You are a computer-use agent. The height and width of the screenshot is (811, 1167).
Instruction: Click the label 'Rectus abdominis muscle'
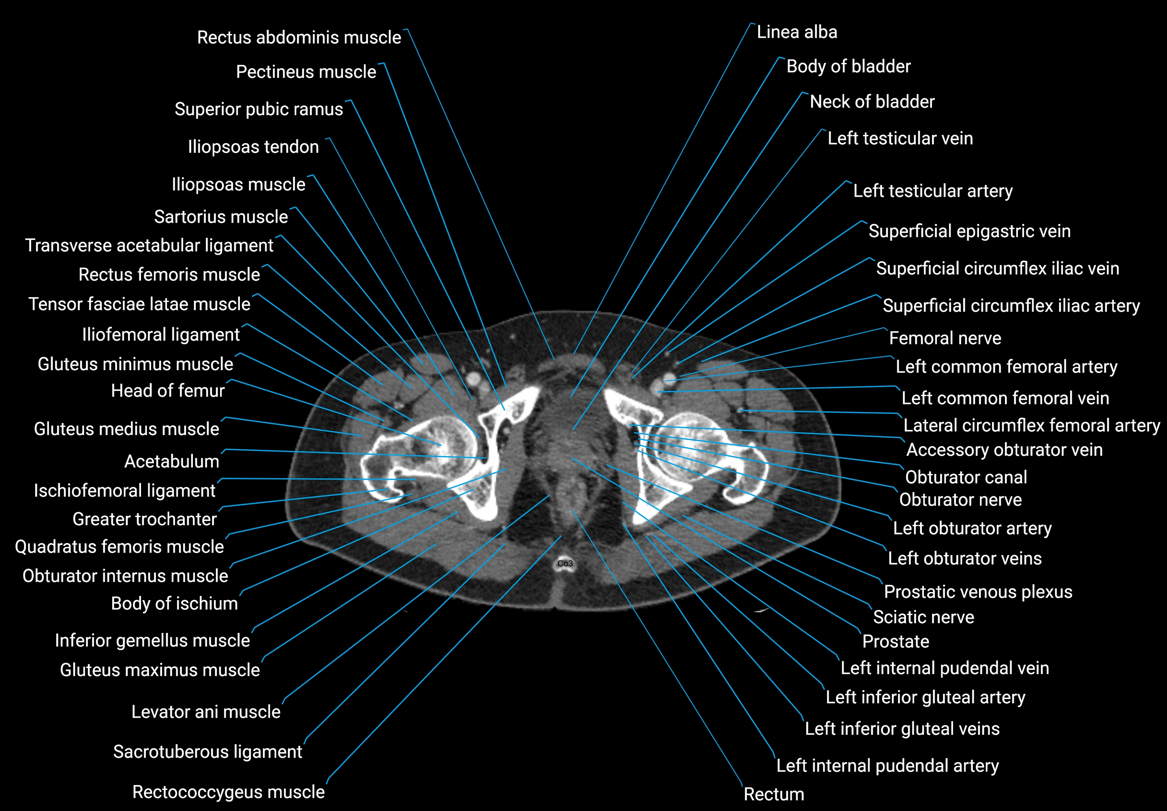coord(299,38)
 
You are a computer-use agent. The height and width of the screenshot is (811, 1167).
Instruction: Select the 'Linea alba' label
coord(796,32)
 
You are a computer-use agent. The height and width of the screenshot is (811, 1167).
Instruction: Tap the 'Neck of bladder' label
coord(872,102)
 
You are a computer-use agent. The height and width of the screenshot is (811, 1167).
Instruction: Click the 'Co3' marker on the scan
coord(565,563)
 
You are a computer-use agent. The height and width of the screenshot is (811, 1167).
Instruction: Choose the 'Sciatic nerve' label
coord(923,617)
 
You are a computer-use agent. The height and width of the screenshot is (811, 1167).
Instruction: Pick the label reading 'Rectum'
coord(774,794)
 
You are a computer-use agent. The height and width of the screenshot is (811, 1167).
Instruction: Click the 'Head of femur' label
coord(168,391)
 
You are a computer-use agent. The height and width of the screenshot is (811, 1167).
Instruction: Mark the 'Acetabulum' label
coord(172,461)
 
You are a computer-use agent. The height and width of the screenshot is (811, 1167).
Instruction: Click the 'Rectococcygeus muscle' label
coord(228,792)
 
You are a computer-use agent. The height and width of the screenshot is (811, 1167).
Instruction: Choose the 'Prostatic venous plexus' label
coord(978,592)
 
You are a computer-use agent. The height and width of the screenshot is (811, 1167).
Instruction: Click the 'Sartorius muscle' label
coord(221,217)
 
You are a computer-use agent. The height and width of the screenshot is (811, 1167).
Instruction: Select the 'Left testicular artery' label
coord(932,191)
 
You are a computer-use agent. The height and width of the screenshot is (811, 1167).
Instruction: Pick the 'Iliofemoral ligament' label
coord(160,335)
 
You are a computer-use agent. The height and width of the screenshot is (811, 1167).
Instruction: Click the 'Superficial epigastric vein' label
coord(969,231)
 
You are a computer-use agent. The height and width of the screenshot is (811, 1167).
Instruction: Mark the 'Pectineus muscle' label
coord(306,72)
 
